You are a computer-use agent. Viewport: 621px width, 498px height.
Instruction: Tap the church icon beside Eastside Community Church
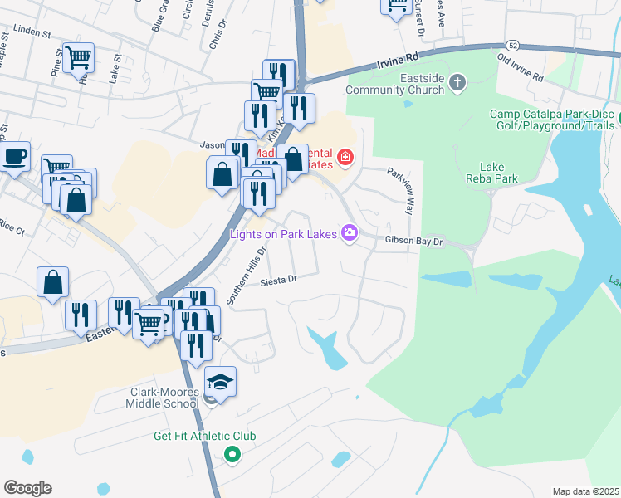457,82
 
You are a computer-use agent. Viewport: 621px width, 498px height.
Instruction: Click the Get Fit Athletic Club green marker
232,454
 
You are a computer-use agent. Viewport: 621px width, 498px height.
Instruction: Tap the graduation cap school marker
220,382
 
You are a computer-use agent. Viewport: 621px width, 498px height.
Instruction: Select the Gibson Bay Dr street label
415,241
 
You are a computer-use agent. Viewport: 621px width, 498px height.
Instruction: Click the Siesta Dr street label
278,281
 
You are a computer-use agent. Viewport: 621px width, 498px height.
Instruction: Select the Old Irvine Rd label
520,66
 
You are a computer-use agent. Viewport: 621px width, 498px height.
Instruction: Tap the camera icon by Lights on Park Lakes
350,234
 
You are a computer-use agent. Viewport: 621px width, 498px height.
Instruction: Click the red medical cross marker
344,156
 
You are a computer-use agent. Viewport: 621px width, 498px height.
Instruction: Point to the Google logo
27,488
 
